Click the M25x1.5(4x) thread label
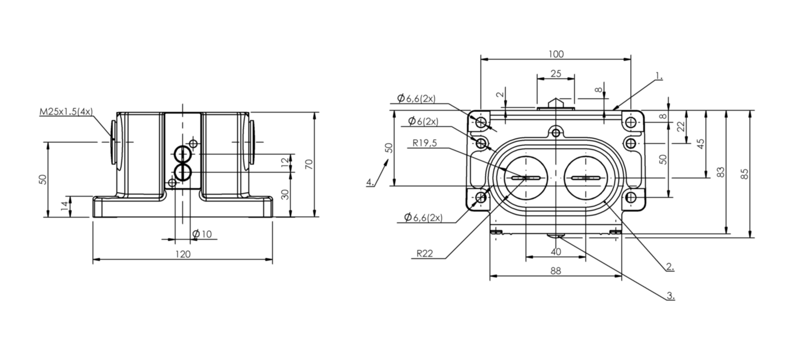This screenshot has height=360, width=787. click(66, 111)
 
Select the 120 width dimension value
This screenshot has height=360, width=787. click(182, 254)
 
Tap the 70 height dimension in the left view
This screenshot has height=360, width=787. click(309, 164)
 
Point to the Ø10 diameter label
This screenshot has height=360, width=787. click(202, 234)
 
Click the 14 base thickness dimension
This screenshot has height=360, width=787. click(64, 206)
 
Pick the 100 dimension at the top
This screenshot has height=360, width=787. click(556, 54)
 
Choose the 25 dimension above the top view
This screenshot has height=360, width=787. click(556, 74)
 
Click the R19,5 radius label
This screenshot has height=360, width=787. click(424, 143)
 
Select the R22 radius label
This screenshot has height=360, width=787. click(424, 253)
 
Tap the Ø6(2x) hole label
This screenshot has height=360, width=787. click(423, 122)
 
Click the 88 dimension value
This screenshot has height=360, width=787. click(555, 270)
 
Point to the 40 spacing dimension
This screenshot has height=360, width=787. click(555, 252)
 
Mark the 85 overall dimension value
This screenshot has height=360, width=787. click(744, 174)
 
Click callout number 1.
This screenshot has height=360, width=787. click(659, 76)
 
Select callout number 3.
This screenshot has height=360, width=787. click(670, 296)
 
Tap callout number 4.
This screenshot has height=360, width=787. click(370, 182)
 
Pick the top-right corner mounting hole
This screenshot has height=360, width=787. click(631, 122)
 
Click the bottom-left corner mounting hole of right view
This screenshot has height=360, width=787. click(481, 197)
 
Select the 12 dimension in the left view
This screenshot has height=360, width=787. click(286, 162)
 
